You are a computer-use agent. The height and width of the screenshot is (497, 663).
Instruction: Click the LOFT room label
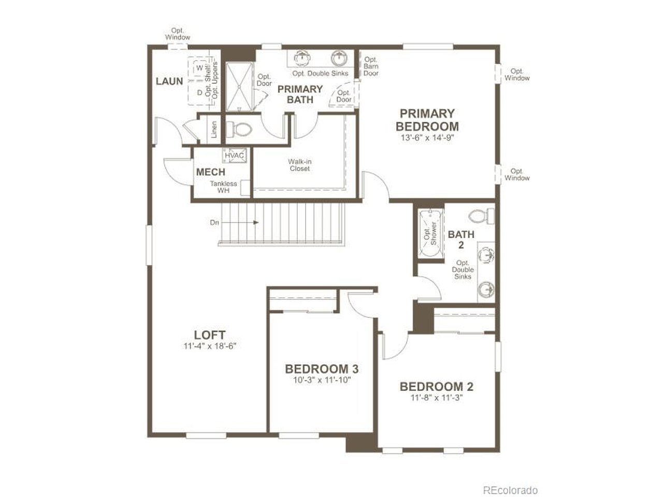[209, 335]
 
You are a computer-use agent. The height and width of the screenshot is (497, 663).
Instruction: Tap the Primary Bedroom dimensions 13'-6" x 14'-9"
[427, 138]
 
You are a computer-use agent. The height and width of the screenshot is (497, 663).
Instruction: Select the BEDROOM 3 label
[322, 369]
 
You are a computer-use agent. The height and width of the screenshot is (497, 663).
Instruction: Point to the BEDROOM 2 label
[437, 387]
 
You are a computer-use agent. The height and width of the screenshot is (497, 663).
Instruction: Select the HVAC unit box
[235, 155]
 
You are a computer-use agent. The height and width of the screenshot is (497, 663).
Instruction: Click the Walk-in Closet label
[299, 165]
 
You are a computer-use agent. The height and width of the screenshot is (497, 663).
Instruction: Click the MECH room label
[210, 172]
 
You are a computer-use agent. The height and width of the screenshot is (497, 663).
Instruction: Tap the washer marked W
[199, 68]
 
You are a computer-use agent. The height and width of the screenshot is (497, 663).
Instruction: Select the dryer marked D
[199, 93]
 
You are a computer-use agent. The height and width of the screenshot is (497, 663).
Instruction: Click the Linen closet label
[214, 129]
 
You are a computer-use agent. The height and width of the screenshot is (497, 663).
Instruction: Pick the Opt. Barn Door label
[371, 66]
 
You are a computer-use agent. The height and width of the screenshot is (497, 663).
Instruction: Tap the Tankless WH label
[224, 187]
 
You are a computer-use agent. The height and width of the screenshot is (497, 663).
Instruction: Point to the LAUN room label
[169, 81]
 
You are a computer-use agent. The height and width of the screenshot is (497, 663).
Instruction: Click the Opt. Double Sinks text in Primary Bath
[320, 74]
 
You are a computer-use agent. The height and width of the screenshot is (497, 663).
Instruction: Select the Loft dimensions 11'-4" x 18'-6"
[210, 346]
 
